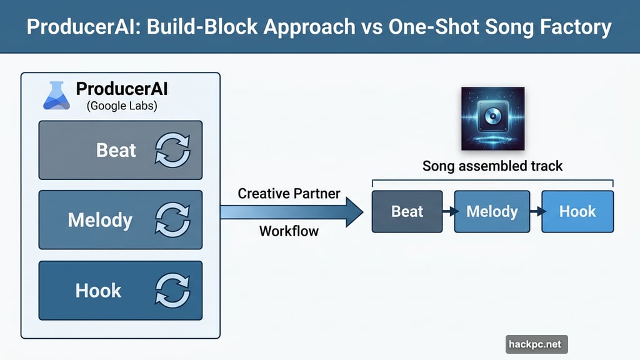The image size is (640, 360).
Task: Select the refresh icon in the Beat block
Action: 172,150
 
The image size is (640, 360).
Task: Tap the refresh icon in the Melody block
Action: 172,220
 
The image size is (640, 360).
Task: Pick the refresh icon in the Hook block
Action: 172,291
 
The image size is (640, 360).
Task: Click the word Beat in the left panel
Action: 116,150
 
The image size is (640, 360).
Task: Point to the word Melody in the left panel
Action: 100,220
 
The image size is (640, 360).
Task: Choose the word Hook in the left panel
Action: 98,291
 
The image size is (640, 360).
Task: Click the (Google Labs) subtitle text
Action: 121,106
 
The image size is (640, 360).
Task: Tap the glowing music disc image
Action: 492,119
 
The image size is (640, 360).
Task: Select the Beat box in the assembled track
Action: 407,212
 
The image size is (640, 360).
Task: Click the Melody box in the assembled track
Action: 492,212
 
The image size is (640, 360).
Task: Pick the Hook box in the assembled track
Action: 577,212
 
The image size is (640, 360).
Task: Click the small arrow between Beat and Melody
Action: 448,212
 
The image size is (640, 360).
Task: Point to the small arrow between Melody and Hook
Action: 535,212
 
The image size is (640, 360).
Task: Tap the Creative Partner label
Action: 289,193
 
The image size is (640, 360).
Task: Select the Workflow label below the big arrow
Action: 289,231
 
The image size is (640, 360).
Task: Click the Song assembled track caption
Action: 492,166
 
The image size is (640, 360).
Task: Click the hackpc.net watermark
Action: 536,344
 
